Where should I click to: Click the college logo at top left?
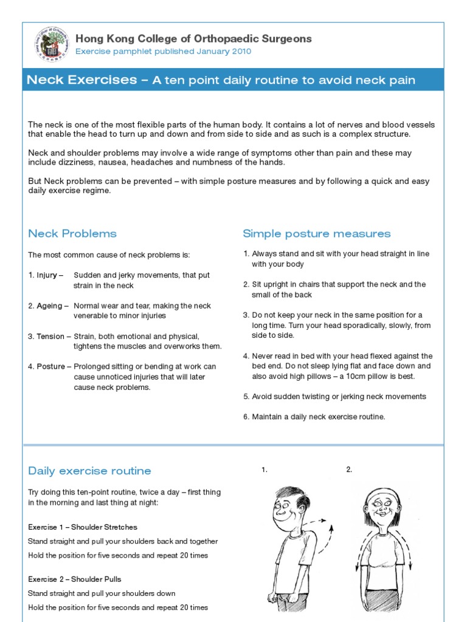(51, 44)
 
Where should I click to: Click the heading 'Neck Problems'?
(72, 234)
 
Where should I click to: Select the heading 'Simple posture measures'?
(316, 234)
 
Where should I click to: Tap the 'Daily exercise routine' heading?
(89, 471)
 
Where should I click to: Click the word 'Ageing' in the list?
(49, 306)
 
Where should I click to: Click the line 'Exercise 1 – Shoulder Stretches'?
(83, 527)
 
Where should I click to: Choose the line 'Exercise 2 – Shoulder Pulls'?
(78, 579)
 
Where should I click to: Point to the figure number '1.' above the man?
(265, 470)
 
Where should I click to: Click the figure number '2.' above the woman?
(349, 470)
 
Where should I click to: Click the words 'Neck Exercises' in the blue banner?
(82, 80)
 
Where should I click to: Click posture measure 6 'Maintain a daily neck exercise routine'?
(318, 417)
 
